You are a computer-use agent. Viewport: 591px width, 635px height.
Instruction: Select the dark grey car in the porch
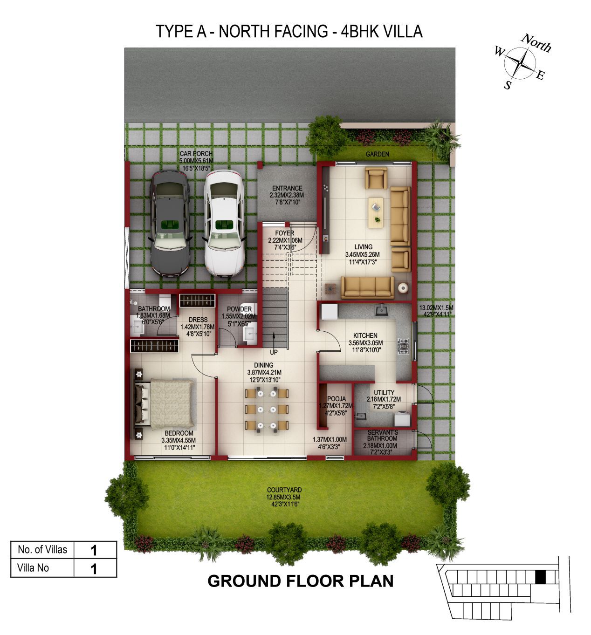(170, 224)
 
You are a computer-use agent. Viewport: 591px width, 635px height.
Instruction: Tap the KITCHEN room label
(365, 335)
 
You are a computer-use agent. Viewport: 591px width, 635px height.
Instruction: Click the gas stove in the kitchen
(403, 346)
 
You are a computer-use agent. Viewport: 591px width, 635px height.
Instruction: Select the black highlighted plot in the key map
(540, 577)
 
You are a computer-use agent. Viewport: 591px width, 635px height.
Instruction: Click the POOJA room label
(337, 399)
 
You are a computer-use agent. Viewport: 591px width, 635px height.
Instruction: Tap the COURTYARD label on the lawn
(284, 490)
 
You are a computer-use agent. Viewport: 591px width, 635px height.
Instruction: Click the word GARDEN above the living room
(377, 154)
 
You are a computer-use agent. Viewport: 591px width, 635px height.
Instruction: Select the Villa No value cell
(95, 568)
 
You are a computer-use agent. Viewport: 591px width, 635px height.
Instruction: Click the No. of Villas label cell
(42, 550)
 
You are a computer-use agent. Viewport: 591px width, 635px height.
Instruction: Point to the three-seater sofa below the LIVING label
(368, 287)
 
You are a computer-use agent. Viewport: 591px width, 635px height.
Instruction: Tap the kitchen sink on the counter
(382, 310)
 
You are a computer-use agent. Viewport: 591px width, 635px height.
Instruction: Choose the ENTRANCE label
(287, 188)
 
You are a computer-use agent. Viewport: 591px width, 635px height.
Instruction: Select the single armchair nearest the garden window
(376, 178)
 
